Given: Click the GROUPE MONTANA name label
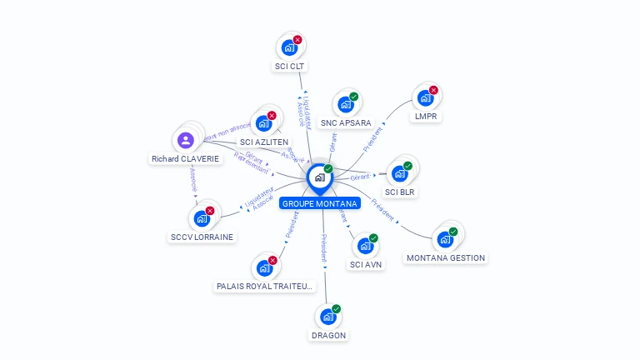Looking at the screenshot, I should pyautogui.click(x=320, y=203).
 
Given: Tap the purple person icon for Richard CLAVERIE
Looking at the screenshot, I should pyautogui.click(x=186, y=140).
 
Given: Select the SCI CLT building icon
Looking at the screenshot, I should pyautogui.click(x=288, y=47).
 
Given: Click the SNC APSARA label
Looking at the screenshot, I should pyautogui.click(x=346, y=122).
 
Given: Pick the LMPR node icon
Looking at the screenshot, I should pyautogui.click(x=425, y=97).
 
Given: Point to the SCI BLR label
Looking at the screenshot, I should pyautogui.click(x=400, y=192).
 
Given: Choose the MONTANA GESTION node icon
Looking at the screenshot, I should pyautogui.click(x=445, y=240).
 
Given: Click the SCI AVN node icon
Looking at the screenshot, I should pyautogui.click(x=365, y=247).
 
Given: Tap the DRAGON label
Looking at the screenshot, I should pyautogui.click(x=328, y=335).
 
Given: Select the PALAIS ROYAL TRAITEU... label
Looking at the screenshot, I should pyautogui.click(x=265, y=286).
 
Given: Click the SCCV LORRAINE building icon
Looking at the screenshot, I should pyautogui.click(x=201, y=219).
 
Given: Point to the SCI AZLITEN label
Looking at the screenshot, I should pyautogui.click(x=264, y=142).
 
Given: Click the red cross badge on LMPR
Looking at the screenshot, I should pyautogui.click(x=433, y=90).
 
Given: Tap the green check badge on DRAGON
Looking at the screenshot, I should pyautogui.click(x=337, y=309).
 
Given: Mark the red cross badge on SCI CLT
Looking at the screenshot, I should pyautogui.click(x=297, y=40).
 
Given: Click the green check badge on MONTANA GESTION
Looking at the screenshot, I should pyautogui.click(x=453, y=232).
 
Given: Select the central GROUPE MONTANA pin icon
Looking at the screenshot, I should pyautogui.click(x=319, y=177).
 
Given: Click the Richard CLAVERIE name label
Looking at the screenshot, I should pyautogui.click(x=186, y=158).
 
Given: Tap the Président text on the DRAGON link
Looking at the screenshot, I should pyautogui.click(x=323, y=248).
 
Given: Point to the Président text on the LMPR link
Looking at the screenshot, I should pyautogui.click(x=373, y=138).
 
